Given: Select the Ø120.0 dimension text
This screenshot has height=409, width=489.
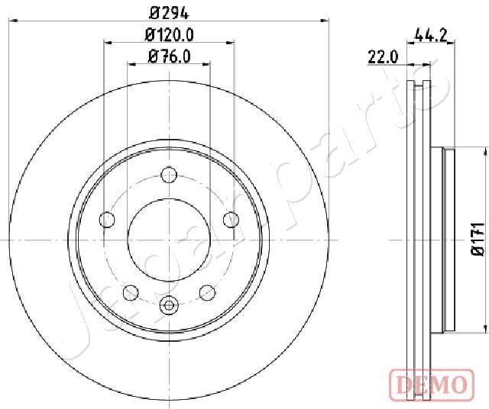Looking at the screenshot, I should [170, 34].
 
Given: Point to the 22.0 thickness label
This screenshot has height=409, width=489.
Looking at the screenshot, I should [383, 56].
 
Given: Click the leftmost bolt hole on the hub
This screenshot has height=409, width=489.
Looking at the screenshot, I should [107, 221].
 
